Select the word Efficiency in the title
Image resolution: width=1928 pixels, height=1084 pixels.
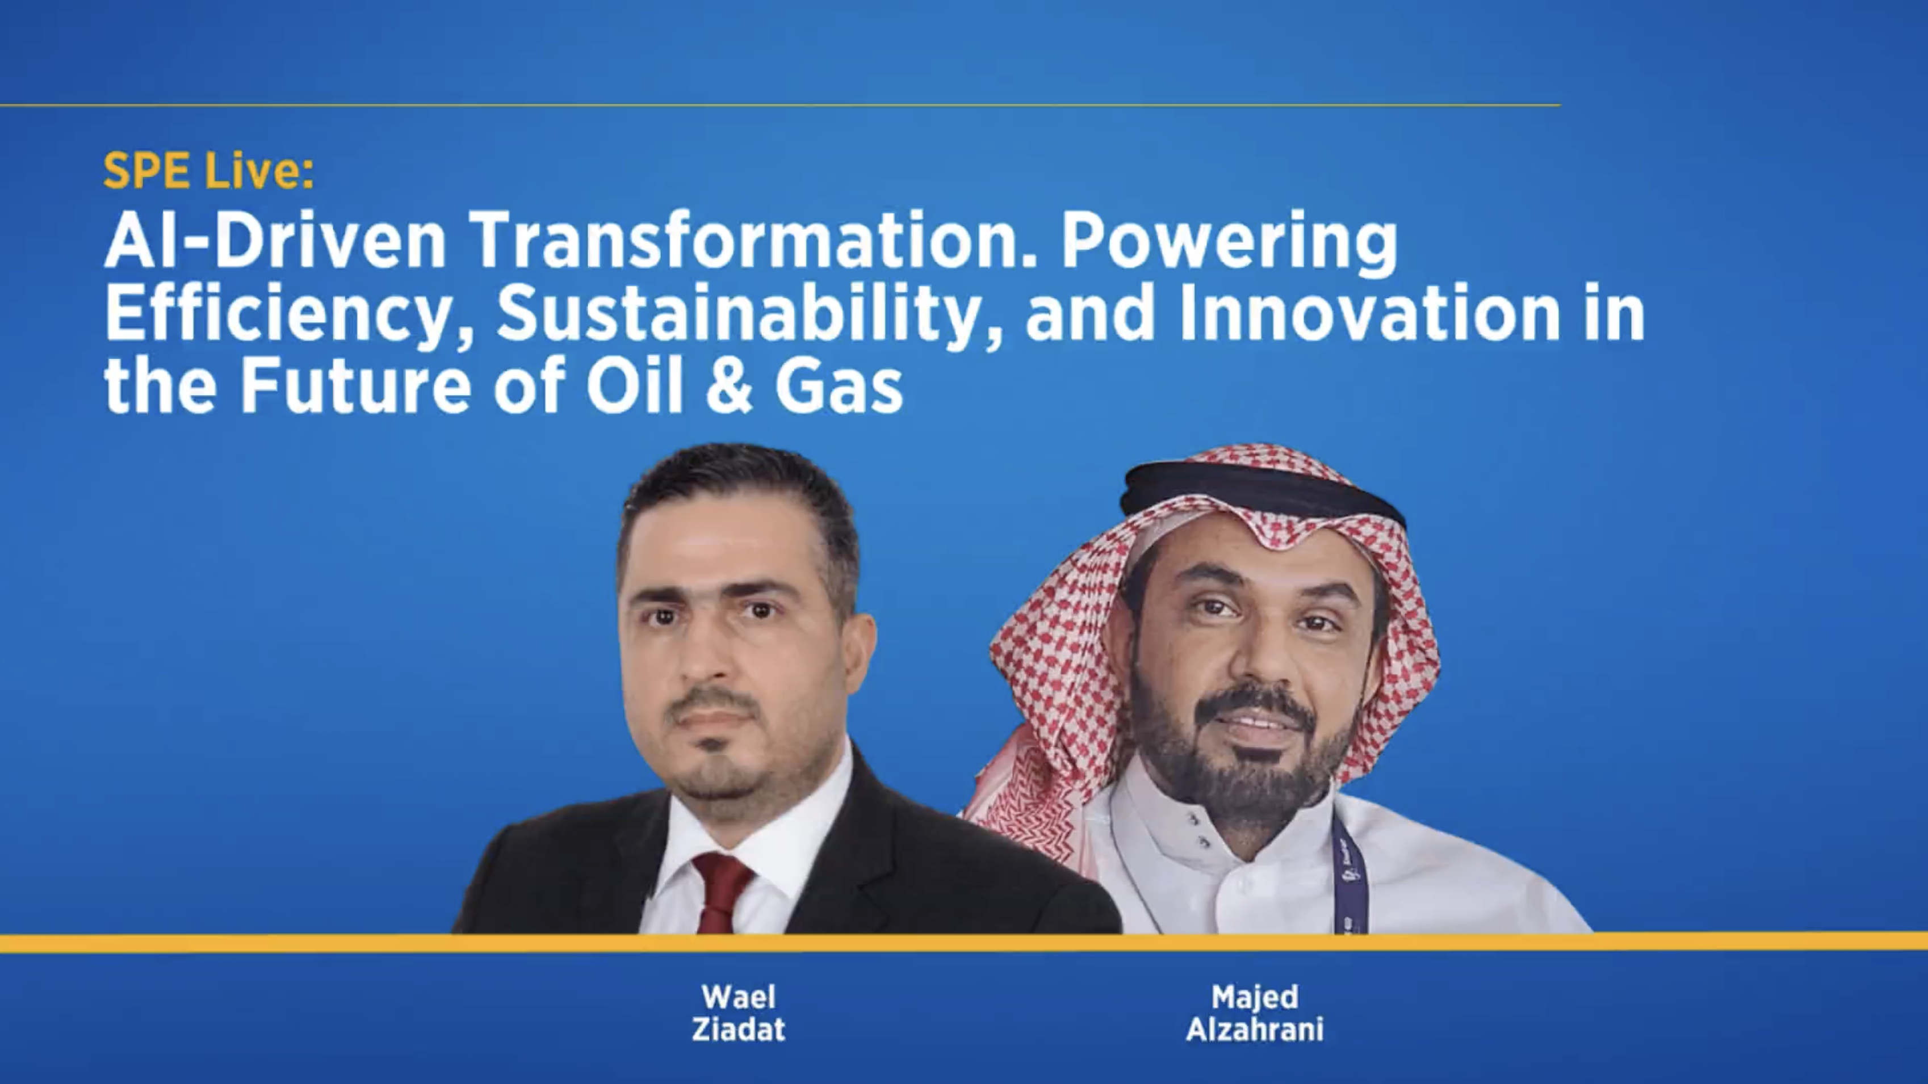point(288,314)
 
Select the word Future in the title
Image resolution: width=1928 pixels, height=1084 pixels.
point(355,386)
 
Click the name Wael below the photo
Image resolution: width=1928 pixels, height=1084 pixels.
point(738,997)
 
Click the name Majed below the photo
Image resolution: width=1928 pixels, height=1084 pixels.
point(1255,997)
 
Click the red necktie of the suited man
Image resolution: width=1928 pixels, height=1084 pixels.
point(722,894)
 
